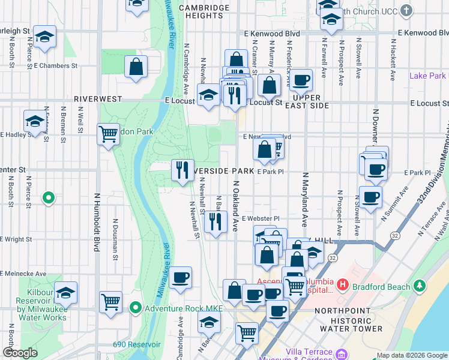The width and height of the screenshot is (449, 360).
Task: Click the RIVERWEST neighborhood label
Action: point(98,98)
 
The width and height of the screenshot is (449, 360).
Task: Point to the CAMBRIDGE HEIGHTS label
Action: point(205,11)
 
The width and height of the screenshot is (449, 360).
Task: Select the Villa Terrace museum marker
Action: point(342,353)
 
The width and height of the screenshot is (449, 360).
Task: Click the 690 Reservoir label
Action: point(136,345)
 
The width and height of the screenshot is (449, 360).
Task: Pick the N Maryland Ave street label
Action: point(306,198)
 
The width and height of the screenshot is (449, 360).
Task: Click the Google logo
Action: point(20,353)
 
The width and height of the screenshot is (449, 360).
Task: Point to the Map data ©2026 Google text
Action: point(411,355)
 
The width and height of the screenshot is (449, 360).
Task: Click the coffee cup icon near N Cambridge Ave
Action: point(180,277)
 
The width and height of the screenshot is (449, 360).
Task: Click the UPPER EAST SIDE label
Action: point(311,101)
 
